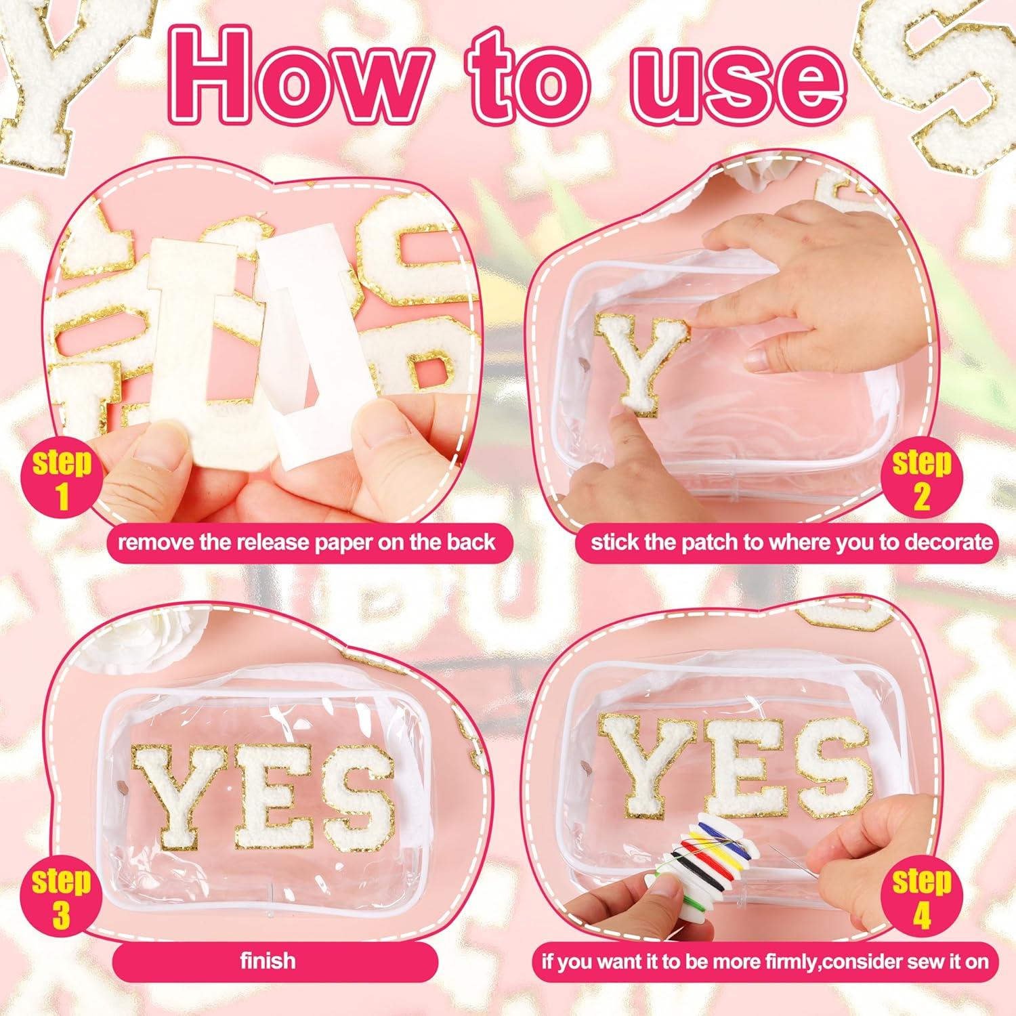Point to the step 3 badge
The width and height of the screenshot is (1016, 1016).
[x=61, y=897]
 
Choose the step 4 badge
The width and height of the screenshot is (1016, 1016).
[x=921, y=897]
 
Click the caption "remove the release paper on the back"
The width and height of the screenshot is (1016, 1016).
[x=306, y=543]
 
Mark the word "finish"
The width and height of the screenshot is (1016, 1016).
[x=268, y=960]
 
